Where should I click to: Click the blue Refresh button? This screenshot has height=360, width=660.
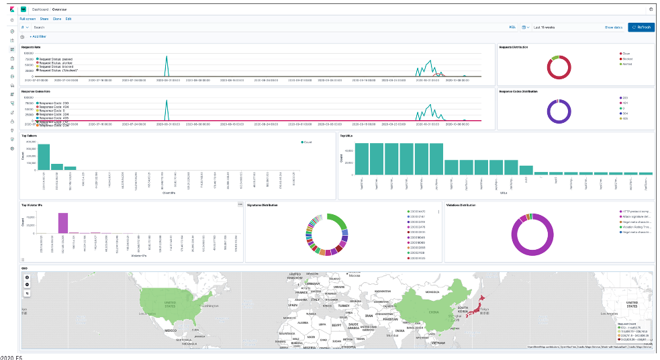pyautogui.click(x=641, y=27)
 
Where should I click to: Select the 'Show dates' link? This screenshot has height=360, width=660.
pyautogui.click(x=614, y=27)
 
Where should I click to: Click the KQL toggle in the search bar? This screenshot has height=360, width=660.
pyautogui.click(x=512, y=27)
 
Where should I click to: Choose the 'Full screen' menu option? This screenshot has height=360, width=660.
pyautogui.click(x=28, y=19)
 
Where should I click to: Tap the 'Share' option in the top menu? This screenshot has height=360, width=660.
pyautogui.click(x=44, y=19)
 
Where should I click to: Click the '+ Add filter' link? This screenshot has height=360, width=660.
pyautogui.click(x=38, y=36)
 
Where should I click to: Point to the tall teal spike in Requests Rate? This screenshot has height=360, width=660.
pyautogui.click(x=167, y=65)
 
